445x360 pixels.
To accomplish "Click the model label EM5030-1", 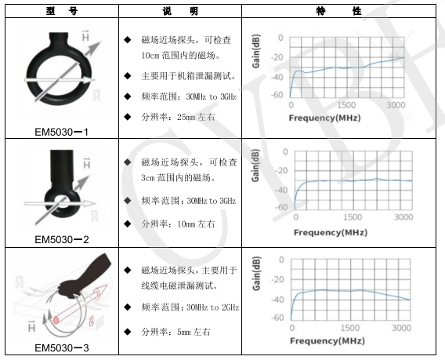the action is pyautogui.click(x=62, y=132).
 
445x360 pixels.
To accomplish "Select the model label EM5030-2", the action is pyautogui.click(x=62, y=239).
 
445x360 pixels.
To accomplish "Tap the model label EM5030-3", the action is pyautogui.click(x=62, y=347).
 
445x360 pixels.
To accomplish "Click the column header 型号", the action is pyautogui.click(x=62, y=11).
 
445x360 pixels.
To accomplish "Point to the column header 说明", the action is pyautogui.click(x=180, y=11).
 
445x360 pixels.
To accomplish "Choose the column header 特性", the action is pyautogui.click(x=339, y=11).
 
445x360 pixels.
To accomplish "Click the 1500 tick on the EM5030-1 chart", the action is pyautogui.click(x=346, y=105).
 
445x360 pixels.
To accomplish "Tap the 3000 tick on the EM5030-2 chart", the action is pyautogui.click(x=403, y=217).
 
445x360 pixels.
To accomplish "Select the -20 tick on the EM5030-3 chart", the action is pyautogui.click(x=277, y=279).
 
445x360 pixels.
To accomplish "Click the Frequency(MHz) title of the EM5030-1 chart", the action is pyautogui.click(x=324, y=118).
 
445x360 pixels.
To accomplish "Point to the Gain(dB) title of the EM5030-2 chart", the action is pyautogui.click(x=255, y=165).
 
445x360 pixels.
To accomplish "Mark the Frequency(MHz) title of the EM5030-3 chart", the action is pyautogui.click(x=327, y=340).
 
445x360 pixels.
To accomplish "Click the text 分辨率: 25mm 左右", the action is pyautogui.click(x=178, y=117).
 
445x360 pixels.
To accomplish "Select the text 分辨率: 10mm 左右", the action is pyautogui.click(x=178, y=224).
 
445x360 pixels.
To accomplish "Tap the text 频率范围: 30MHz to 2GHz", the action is pyautogui.click(x=190, y=307).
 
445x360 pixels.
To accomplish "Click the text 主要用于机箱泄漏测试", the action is pyautogui.click(x=189, y=76).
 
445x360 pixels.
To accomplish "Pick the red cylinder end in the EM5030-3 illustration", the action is pyautogui.click(x=56, y=320).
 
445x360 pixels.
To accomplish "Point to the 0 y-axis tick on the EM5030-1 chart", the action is pyautogui.click(x=280, y=38).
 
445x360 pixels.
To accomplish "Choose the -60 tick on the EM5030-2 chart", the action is pyautogui.click(x=281, y=207).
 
